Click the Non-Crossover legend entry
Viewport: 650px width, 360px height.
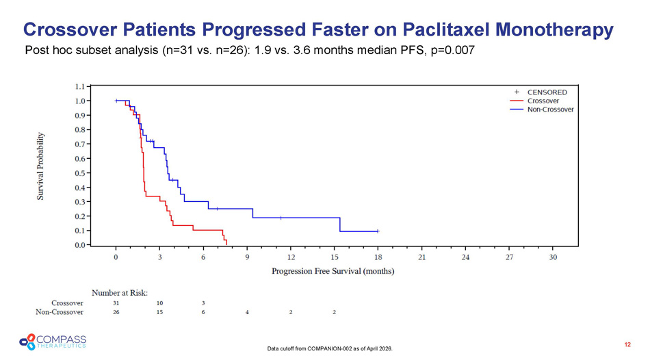click(x=550, y=109)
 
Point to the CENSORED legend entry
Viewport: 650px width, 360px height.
click(x=547, y=92)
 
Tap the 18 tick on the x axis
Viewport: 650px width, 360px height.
click(x=378, y=257)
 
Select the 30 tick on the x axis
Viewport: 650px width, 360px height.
click(x=553, y=257)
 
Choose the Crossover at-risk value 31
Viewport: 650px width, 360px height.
click(x=116, y=303)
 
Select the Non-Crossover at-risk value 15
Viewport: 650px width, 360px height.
click(x=159, y=312)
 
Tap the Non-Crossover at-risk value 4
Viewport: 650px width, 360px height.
click(x=247, y=312)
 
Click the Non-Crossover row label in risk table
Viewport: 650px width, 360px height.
click(x=60, y=312)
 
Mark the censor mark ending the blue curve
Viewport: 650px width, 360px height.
click(x=378, y=231)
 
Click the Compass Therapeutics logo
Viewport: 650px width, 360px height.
click(x=53, y=340)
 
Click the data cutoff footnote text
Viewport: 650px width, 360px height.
click(x=333, y=349)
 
